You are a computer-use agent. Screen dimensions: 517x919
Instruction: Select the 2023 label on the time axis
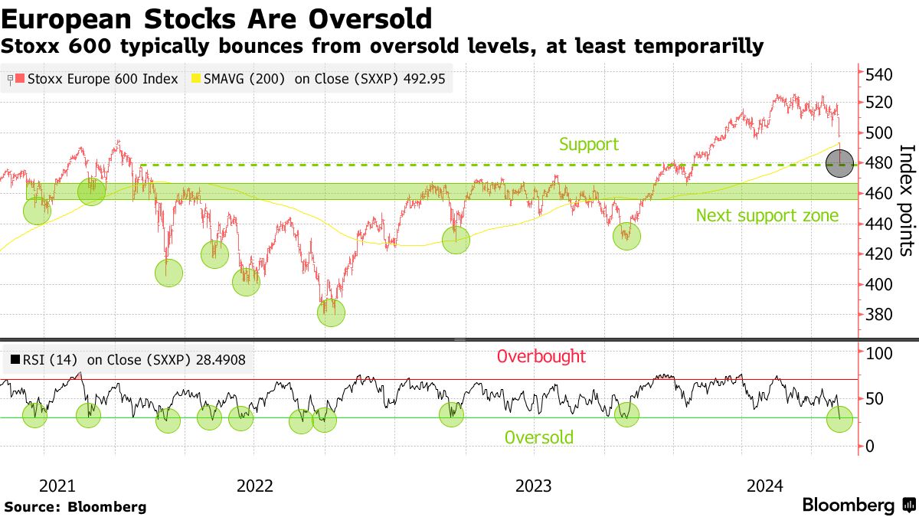(x=533, y=486)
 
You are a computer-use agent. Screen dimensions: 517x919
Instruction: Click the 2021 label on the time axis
(x=57, y=486)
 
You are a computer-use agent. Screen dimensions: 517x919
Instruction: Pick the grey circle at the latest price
(x=839, y=164)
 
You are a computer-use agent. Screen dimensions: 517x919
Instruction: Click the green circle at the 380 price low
(x=332, y=312)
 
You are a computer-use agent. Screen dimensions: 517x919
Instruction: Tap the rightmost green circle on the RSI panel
(x=839, y=419)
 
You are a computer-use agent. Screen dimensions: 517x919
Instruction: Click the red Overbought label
(x=541, y=356)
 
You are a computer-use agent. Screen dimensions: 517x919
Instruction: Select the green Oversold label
(x=538, y=437)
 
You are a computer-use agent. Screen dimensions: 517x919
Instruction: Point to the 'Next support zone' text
(x=767, y=216)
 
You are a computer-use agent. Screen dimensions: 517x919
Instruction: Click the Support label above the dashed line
(x=588, y=144)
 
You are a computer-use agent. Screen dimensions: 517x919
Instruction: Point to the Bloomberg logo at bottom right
(x=858, y=505)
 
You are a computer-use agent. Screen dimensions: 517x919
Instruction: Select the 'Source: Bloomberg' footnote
(x=75, y=506)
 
